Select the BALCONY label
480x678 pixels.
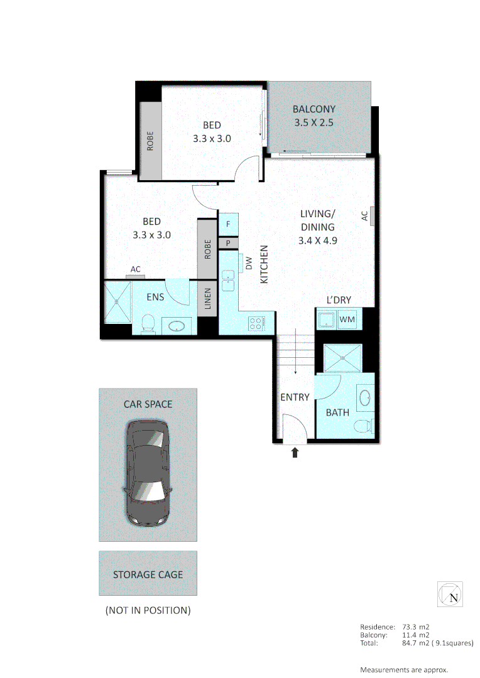point(314,108)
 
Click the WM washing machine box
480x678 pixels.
point(347,320)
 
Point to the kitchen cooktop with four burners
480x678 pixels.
point(257,324)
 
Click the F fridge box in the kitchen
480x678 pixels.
point(228,223)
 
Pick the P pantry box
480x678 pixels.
point(228,242)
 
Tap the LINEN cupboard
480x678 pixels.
point(207,299)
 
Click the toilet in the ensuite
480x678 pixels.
point(148,323)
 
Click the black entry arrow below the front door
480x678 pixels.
point(295,452)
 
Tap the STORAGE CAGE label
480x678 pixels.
point(148,574)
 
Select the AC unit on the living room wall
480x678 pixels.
point(372,215)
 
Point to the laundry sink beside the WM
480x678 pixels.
point(326,320)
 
